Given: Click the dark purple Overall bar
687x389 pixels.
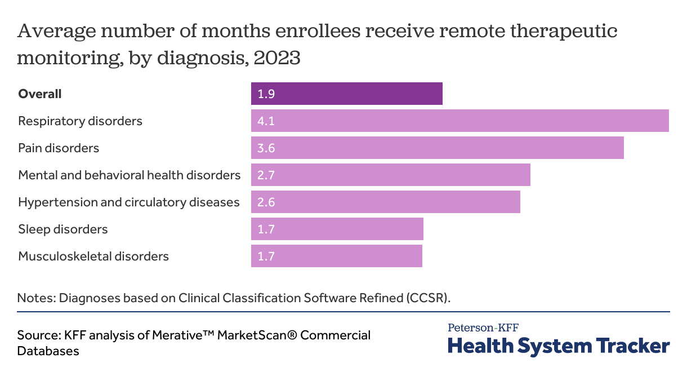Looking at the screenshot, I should click(346, 94).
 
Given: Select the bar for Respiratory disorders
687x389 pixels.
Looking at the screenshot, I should click(460, 121).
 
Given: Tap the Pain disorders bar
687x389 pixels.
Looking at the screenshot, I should click(437, 148).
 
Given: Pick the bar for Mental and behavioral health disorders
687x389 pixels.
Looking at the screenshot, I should click(390, 175).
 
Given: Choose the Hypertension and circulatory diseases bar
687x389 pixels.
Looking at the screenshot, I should click(385, 202).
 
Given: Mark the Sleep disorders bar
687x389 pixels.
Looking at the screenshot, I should click(337, 229).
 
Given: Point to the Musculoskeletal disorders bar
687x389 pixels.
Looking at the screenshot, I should click(336, 256).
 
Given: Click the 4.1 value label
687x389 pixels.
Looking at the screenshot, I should click(266, 121).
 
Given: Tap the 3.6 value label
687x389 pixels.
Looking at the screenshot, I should click(266, 148).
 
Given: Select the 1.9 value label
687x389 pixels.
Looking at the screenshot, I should click(266, 94).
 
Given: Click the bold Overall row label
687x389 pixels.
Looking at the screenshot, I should click(40, 94).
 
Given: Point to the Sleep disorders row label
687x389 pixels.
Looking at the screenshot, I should click(63, 229).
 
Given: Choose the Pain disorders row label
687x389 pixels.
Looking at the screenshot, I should click(59, 148).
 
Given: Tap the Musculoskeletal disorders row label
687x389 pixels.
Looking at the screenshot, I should click(93, 257).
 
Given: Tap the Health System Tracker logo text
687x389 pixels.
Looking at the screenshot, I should click(559, 345).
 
